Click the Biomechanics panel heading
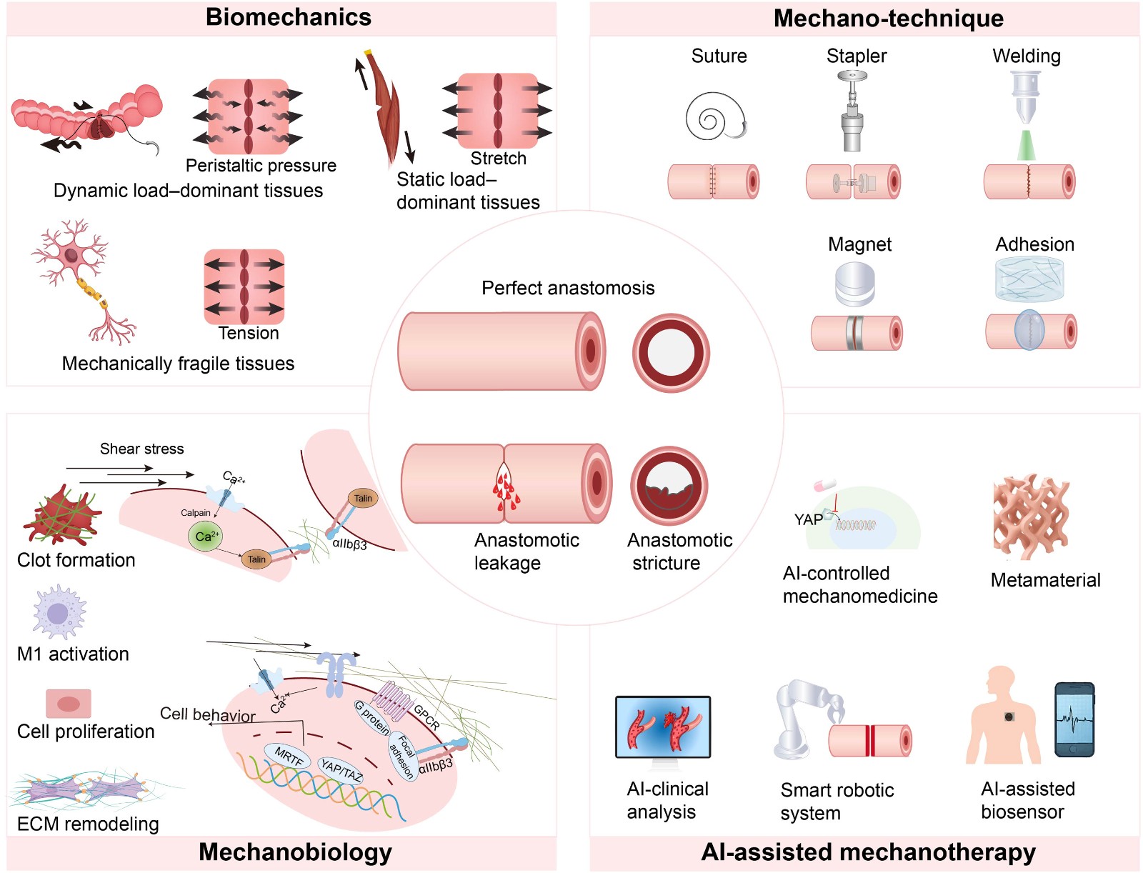point(289,17)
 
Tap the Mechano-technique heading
point(889,19)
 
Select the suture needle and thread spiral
point(717,116)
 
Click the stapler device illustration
point(852,111)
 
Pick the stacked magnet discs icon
point(854,284)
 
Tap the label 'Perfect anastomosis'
point(568,288)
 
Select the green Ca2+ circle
point(207,537)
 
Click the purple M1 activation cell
point(59,612)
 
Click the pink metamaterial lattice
point(1030,517)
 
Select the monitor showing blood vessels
point(663,729)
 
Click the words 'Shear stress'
point(141,449)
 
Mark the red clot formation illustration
point(61,515)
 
